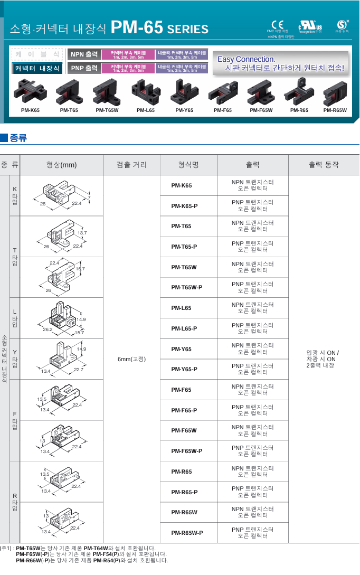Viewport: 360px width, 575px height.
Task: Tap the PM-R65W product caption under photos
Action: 335,110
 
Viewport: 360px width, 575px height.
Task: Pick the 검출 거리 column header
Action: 131,165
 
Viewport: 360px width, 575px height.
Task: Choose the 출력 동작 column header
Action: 324,165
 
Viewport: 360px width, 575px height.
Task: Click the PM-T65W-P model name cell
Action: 187,287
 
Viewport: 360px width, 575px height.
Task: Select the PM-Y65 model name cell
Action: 182,349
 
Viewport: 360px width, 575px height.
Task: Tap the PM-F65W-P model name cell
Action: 187,451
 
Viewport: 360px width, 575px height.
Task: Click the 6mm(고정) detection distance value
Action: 131,359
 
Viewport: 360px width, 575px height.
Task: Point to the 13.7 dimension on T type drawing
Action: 82,233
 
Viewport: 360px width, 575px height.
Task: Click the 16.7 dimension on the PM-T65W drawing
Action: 80,269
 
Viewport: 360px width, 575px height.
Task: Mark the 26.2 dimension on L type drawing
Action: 48,330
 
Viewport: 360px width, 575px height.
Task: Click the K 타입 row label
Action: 15,195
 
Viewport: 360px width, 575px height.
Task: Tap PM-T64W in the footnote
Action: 96,548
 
